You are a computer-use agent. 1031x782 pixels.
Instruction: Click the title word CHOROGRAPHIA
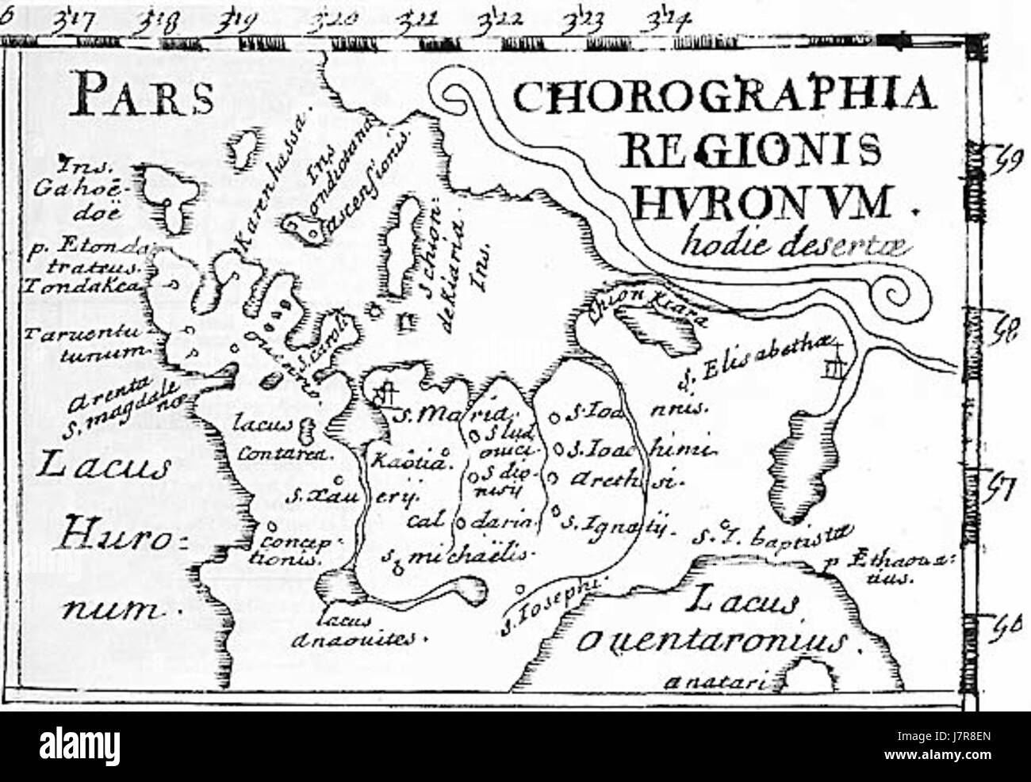(722, 100)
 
